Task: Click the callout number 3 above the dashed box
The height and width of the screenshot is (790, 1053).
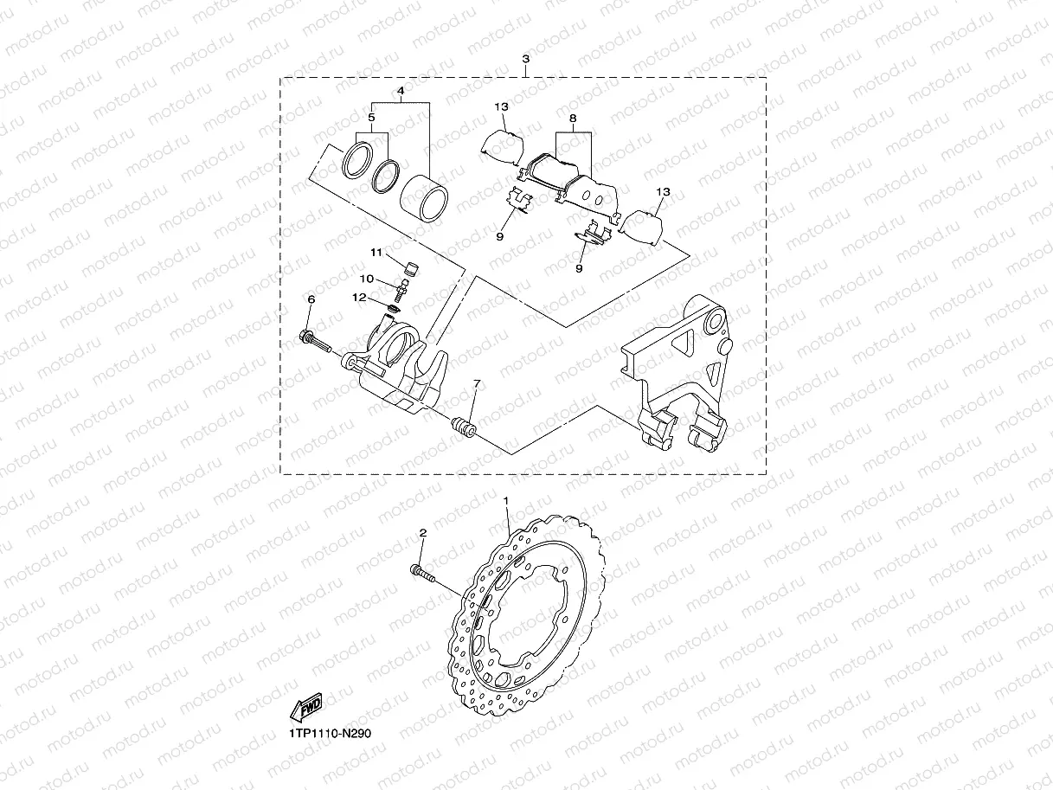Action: click(x=526, y=60)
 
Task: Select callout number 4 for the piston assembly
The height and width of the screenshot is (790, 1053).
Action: click(x=401, y=90)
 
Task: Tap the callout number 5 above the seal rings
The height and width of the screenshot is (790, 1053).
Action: click(x=371, y=118)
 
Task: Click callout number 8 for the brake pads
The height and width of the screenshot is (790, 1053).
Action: click(x=572, y=118)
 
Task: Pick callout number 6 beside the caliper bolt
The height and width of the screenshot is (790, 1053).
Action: click(x=311, y=299)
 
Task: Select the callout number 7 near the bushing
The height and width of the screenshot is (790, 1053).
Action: click(x=475, y=383)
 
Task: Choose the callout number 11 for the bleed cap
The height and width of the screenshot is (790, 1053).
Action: click(x=376, y=253)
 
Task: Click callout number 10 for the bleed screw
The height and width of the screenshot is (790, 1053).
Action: click(x=367, y=279)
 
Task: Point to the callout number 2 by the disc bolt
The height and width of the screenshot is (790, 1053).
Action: click(x=422, y=534)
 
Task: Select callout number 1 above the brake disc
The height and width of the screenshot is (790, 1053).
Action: click(x=508, y=502)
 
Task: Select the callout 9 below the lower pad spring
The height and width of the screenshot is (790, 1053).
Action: click(x=579, y=269)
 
